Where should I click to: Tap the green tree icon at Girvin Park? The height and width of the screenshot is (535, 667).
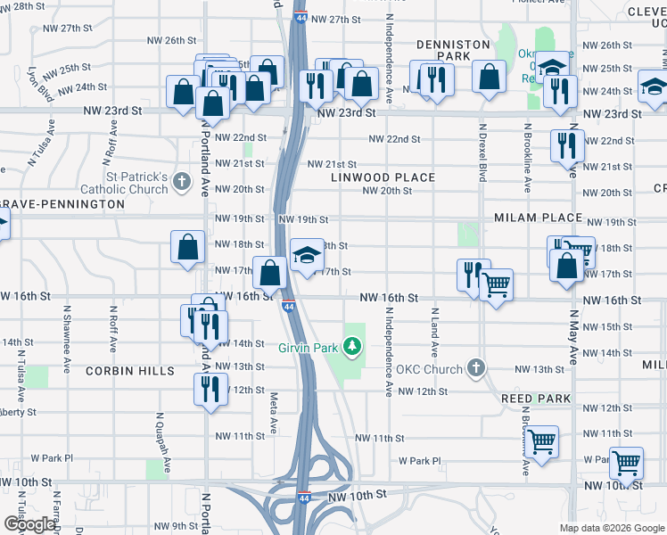click(x=353, y=344)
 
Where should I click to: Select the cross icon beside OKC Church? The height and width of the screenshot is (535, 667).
click(x=477, y=367)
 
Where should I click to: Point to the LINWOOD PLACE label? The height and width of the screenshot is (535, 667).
click(x=383, y=177)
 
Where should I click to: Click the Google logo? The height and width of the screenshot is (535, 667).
click(x=29, y=523)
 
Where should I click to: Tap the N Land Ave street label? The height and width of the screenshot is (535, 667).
click(x=434, y=333)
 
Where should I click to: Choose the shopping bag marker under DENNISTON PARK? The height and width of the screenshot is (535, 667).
click(x=489, y=78)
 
